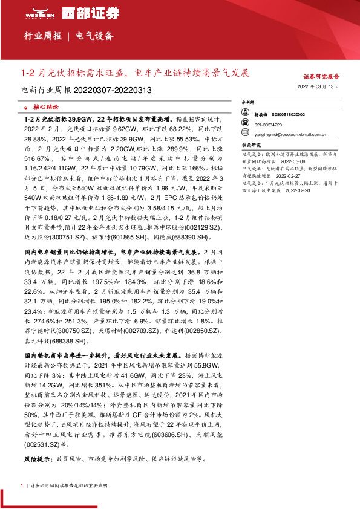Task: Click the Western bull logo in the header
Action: (x=41, y=12)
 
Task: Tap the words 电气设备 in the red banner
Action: (x=94, y=36)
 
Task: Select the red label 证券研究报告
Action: (x=321, y=77)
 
